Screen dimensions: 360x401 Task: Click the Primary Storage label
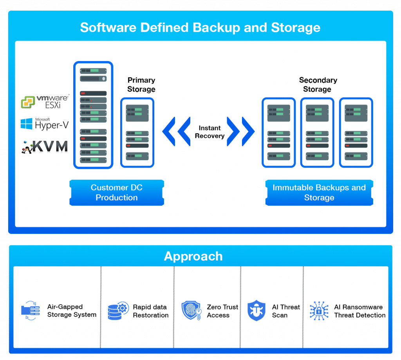click(x=141, y=85)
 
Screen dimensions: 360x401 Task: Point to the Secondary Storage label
click(x=318, y=85)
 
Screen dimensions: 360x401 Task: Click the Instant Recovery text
click(x=210, y=132)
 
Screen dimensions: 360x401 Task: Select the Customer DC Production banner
click(x=117, y=192)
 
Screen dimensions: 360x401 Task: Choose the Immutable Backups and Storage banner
click(x=319, y=192)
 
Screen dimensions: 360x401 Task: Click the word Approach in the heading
click(x=193, y=256)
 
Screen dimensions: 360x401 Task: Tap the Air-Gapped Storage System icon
click(x=30, y=311)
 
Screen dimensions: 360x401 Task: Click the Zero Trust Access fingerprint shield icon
click(x=191, y=311)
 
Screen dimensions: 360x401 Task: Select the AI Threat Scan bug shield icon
click(x=256, y=311)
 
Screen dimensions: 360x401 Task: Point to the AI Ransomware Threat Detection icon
click(x=319, y=311)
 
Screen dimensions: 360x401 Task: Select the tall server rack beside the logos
click(x=93, y=115)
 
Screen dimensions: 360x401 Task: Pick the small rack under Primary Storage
click(x=137, y=132)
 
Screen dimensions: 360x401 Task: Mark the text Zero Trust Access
click(x=222, y=311)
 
